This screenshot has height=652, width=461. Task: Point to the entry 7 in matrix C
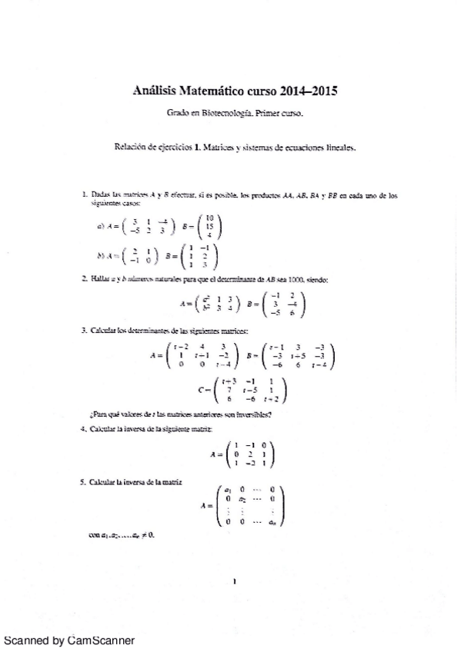229,390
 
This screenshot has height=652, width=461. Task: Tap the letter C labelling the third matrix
202,390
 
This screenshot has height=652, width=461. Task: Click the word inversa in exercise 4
144,428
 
